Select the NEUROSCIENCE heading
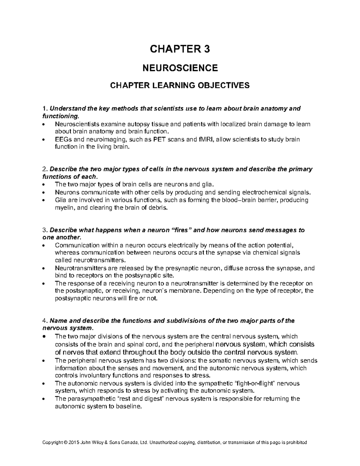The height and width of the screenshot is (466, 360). [x=180, y=68]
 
